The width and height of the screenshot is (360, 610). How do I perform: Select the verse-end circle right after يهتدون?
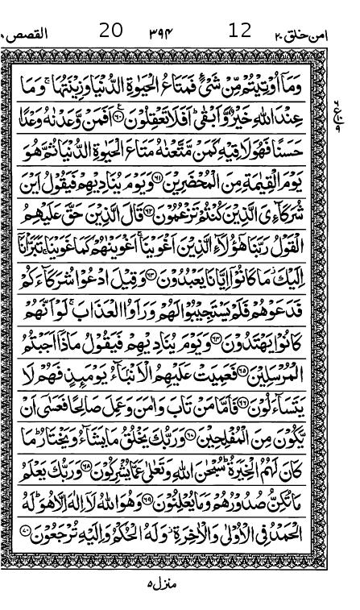pos(221,342)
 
